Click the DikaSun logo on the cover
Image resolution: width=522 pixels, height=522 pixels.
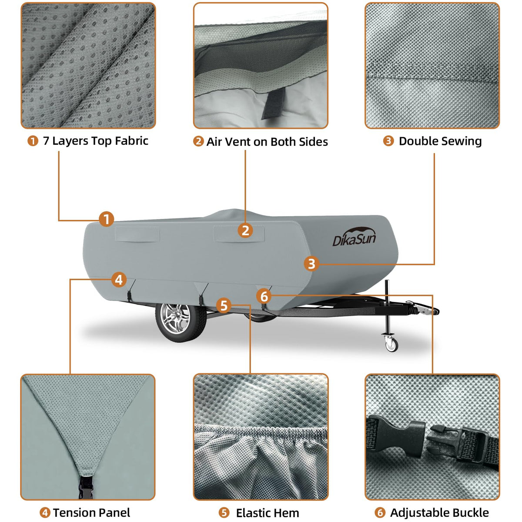pyautogui.click(x=354, y=237)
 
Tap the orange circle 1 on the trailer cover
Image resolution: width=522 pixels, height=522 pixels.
pyautogui.click(x=107, y=219)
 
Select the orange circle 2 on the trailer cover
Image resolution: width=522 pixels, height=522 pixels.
pyautogui.click(x=245, y=231)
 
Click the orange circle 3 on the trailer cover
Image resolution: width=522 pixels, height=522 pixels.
pyautogui.click(x=311, y=264)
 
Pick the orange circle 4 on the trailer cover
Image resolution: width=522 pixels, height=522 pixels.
pyautogui.click(x=119, y=280)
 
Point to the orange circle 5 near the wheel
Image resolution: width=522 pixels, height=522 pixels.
pyautogui.click(x=224, y=305)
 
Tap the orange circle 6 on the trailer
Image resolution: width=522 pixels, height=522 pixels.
pyautogui.click(x=264, y=296)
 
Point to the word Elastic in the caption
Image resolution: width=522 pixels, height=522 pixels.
pyautogui.click(x=254, y=505)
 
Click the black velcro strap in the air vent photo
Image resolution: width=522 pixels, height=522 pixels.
pyautogui.click(x=274, y=103)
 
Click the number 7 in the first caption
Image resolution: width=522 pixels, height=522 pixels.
pyautogui.click(x=46, y=141)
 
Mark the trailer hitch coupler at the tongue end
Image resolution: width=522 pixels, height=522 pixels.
pyautogui.click(x=422, y=308)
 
